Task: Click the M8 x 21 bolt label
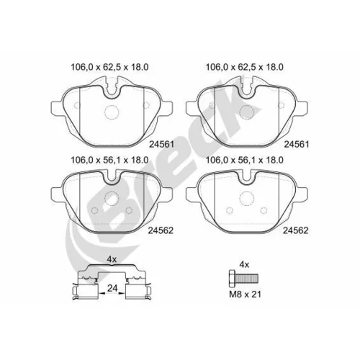245,294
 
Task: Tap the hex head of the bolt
231,278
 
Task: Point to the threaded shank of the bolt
246,278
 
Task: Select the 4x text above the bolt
244,265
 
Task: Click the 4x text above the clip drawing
112,259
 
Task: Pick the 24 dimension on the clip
112,288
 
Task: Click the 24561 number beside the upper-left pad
161,144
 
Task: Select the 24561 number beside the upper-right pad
297,144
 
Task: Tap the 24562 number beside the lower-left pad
161,230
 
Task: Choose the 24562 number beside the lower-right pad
295,230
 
